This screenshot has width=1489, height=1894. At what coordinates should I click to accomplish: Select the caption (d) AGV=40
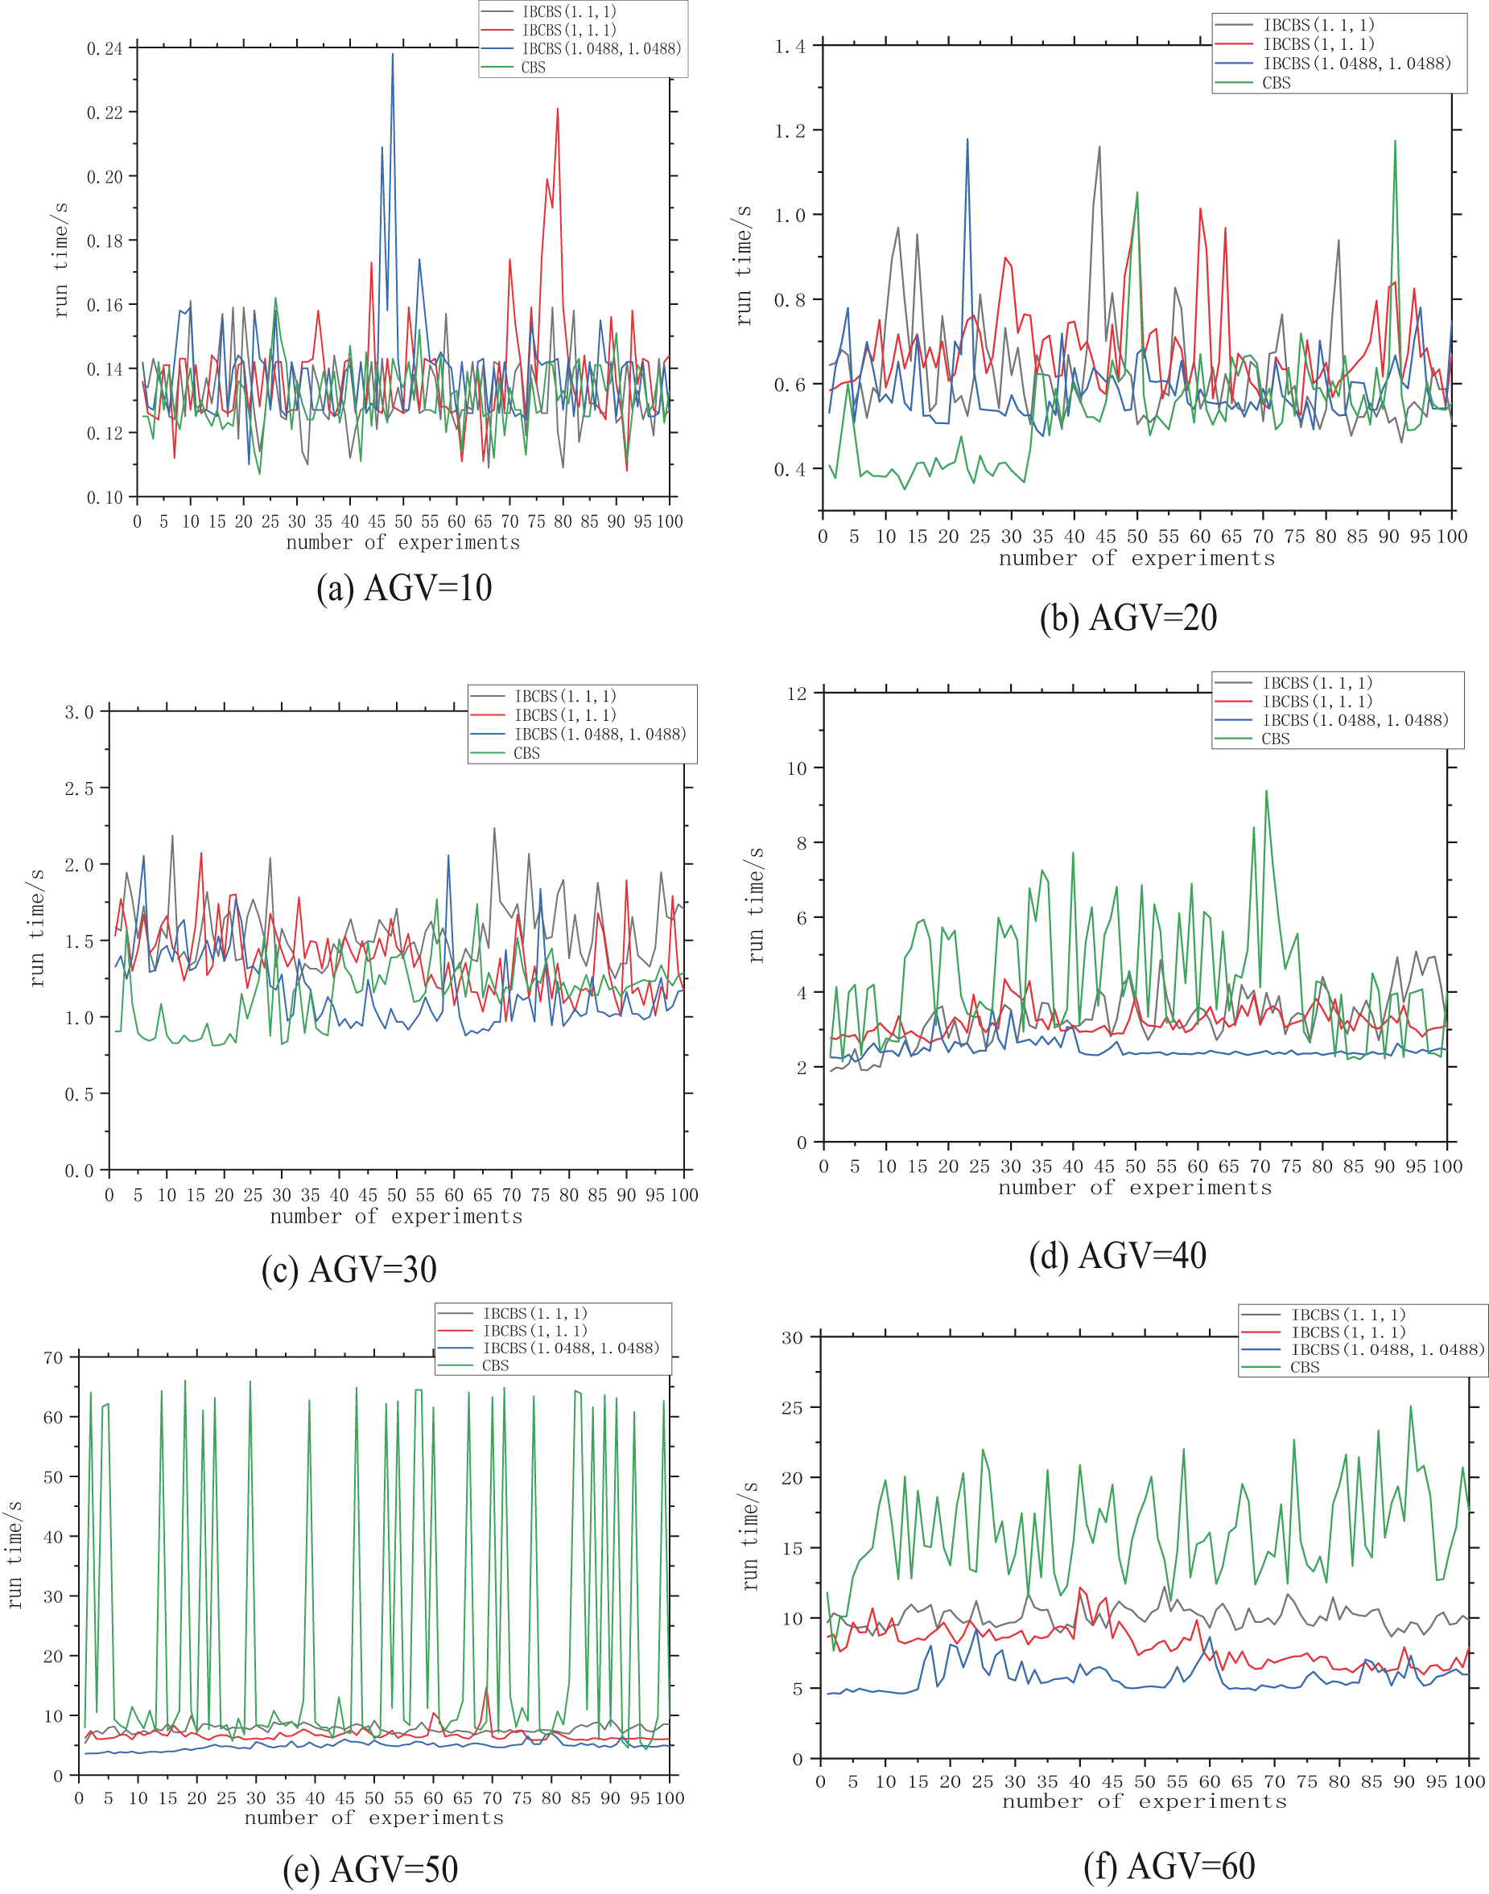click(1118, 1256)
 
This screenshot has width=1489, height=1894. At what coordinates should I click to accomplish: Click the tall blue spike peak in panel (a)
click(392, 54)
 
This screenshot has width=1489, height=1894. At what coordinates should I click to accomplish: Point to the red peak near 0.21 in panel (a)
click(558, 109)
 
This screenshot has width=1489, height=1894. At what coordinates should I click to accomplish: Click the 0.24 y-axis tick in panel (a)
click(105, 48)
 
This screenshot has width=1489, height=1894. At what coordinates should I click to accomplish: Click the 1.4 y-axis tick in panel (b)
click(790, 46)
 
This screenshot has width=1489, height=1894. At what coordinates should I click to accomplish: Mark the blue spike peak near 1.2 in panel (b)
click(967, 138)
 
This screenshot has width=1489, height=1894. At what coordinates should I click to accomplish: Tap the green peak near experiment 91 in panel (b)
click(1395, 141)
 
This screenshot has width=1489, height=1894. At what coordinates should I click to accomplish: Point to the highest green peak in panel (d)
click(1266, 792)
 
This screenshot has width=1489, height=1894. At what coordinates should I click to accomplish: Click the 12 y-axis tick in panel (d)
click(797, 693)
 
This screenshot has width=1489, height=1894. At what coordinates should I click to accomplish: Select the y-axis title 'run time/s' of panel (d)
click(756, 904)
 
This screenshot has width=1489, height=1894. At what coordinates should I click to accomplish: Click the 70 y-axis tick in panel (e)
click(53, 1357)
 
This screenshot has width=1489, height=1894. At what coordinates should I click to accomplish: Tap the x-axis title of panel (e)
click(374, 1818)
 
